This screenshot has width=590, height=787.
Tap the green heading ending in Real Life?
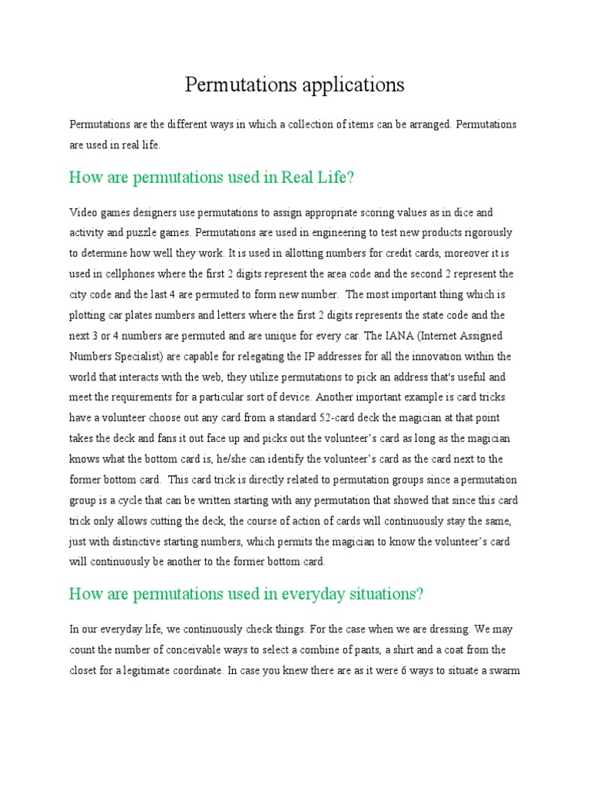[211, 178]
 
